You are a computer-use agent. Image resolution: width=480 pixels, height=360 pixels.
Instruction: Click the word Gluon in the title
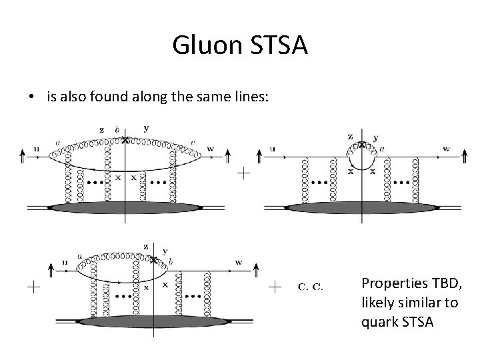pos(207,46)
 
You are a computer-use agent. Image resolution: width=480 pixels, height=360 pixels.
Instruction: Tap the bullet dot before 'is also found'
pos(31,97)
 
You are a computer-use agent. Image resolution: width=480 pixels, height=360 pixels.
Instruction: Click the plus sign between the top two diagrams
pos(245,173)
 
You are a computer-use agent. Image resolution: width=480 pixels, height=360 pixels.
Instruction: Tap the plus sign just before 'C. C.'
pos(275,287)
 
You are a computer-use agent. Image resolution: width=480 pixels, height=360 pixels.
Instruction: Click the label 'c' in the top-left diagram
pos(193,142)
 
